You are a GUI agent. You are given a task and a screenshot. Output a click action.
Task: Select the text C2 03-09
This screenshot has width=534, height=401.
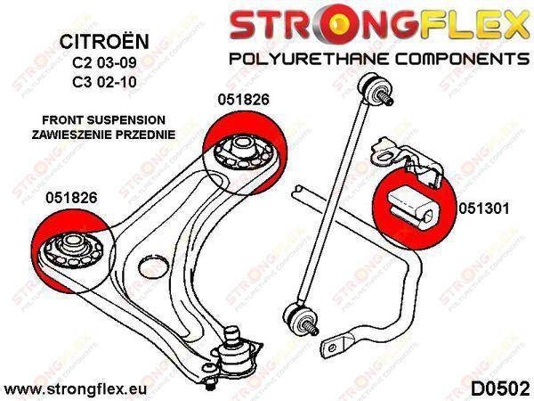[104, 62]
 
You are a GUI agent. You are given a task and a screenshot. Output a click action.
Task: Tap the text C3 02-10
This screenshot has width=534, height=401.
[104, 82]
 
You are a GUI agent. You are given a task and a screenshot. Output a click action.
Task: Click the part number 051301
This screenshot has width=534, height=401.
[484, 209]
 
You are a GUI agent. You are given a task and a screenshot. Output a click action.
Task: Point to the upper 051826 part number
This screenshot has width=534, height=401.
[244, 99]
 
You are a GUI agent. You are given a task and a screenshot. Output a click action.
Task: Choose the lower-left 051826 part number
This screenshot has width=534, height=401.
[71, 198]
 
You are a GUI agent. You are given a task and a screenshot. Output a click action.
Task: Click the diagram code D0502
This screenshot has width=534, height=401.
[499, 389]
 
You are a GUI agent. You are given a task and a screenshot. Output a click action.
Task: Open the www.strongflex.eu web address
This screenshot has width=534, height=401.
[76, 389]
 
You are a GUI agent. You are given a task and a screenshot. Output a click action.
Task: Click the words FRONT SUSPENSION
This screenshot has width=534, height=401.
[103, 120]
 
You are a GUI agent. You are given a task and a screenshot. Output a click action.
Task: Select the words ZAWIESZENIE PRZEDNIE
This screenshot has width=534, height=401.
[103, 135]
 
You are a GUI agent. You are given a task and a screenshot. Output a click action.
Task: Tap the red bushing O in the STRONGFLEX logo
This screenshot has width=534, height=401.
[337, 24]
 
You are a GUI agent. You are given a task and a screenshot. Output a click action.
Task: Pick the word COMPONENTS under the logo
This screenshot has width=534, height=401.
[462, 59]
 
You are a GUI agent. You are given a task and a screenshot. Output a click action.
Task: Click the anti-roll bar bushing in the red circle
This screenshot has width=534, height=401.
[412, 208]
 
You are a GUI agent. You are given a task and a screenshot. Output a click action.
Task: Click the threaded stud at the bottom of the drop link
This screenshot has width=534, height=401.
[311, 327]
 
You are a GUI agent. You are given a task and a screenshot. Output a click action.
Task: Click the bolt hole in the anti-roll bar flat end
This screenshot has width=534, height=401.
[332, 348]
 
